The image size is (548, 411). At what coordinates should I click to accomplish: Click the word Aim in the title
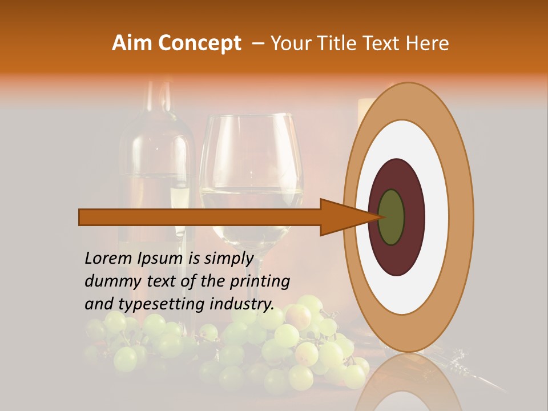133,43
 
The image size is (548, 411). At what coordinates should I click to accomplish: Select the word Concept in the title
199,43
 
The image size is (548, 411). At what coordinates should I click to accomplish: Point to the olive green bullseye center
392,217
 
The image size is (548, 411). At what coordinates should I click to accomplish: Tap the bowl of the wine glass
251,171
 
